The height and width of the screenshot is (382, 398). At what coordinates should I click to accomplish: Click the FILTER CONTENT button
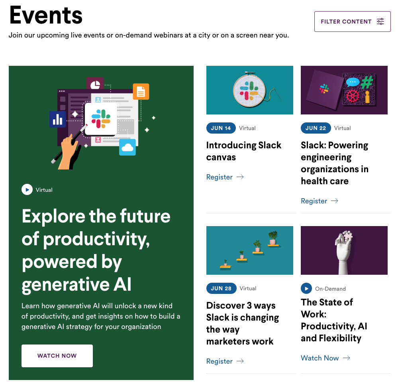coord(352,22)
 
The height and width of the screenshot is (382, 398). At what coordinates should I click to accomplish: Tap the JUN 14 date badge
coord(221,128)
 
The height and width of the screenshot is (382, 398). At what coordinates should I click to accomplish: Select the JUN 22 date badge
coord(316,128)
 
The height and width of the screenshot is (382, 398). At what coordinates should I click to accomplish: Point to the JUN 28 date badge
coord(221,288)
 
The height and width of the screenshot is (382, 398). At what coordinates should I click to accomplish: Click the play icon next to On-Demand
coord(306,288)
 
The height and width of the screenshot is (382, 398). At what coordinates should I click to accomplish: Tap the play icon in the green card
coord(27,190)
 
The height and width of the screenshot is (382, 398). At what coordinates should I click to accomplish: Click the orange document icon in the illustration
coord(141,92)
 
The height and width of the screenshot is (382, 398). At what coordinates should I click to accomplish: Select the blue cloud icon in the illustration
coord(127,147)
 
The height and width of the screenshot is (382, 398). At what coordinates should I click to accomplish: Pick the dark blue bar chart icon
coord(58,119)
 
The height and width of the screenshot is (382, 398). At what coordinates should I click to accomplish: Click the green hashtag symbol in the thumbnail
coord(367,83)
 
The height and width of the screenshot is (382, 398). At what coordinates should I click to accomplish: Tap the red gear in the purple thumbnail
coord(352,96)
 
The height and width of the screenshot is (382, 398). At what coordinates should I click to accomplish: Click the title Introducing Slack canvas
coord(243,151)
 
